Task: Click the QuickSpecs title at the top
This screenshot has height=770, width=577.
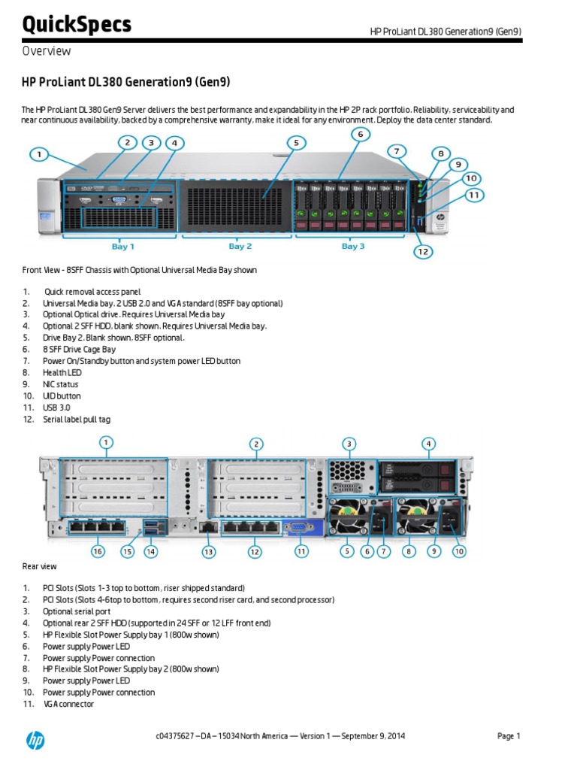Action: [77, 24]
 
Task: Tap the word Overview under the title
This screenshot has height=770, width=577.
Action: [47, 51]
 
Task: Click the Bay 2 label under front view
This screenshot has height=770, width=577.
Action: [240, 246]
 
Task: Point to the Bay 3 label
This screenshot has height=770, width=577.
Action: [353, 246]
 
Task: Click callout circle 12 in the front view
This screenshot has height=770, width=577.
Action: [424, 251]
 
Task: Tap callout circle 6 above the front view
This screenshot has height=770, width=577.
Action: [360, 135]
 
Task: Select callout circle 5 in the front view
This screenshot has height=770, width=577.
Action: [296, 142]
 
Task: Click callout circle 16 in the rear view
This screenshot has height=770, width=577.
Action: [97, 551]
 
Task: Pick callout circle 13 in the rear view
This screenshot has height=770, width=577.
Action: [208, 551]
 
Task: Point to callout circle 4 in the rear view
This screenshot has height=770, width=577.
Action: [428, 444]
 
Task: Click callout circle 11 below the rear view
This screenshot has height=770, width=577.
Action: [301, 551]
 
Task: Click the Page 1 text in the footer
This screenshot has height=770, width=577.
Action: [509, 736]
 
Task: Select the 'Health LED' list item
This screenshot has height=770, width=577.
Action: [62, 372]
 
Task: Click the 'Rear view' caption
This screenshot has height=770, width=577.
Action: [40, 566]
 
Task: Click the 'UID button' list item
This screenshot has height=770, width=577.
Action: [62, 396]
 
